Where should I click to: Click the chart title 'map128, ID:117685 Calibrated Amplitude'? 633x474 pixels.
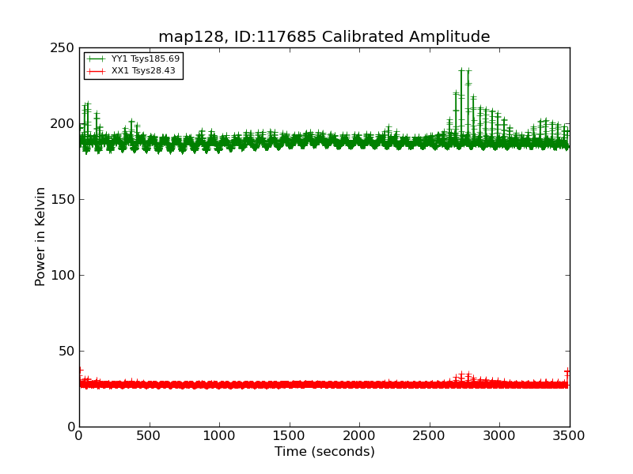(x=324, y=36)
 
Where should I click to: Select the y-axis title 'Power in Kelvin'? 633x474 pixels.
(x=40, y=236)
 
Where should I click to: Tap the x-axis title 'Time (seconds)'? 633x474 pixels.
(x=324, y=452)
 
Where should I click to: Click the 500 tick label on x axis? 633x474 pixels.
(x=149, y=434)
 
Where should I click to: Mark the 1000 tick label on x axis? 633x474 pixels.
(x=219, y=434)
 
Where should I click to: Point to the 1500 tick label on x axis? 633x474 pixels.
(x=289, y=434)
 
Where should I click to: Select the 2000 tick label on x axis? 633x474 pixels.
(x=359, y=434)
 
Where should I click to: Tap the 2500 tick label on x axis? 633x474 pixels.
(x=430, y=434)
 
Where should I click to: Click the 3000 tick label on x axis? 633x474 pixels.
(x=499, y=434)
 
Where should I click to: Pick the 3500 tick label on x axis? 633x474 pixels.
(x=569, y=434)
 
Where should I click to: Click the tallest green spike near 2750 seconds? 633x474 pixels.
(x=461, y=71)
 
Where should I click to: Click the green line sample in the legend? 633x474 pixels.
(x=96, y=59)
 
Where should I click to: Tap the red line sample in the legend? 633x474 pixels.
(x=96, y=71)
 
